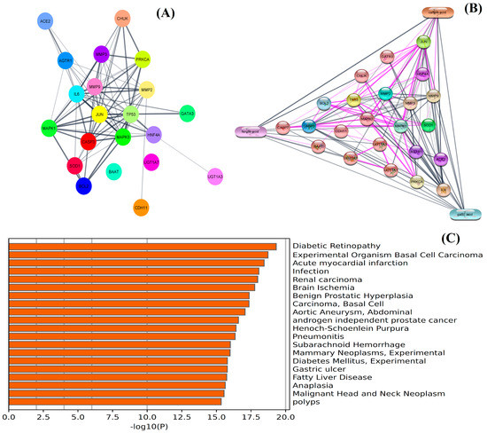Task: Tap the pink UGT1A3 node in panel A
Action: (x=216, y=177)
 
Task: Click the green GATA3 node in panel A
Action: (x=187, y=113)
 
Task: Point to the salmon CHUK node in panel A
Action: (x=123, y=19)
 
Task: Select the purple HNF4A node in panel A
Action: (x=152, y=135)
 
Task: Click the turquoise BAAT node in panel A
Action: (x=113, y=171)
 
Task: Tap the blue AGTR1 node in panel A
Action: (x=66, y=61)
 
